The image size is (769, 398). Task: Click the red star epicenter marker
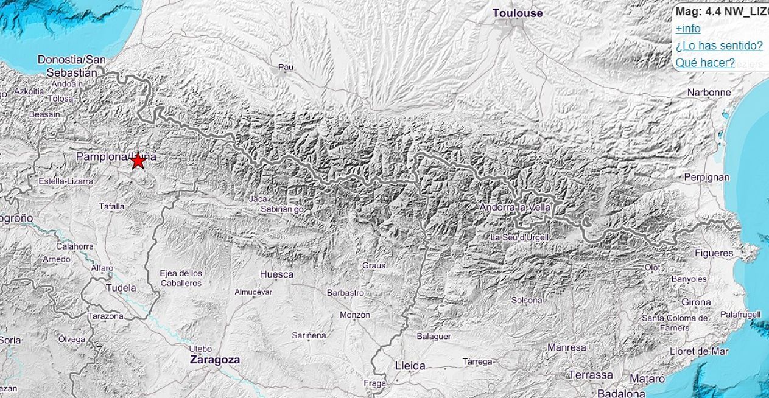[138, 161]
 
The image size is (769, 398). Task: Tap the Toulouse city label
[517, 13]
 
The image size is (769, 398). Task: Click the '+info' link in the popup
[688, 29]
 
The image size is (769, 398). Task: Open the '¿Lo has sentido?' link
[719, 46]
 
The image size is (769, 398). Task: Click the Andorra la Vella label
[515, 208]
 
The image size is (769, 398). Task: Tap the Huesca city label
[276, 274]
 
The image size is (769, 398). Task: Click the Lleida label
[410, 366]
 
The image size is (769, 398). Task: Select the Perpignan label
[707, 177]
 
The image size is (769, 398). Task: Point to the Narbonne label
[709, 93]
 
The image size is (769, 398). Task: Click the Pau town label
[286, 67]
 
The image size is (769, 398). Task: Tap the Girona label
[696, 302]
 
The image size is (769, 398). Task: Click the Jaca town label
[258, 198]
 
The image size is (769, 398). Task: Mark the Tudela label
[121, 288]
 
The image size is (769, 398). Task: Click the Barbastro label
[345, 293]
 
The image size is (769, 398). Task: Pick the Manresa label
[567, 347]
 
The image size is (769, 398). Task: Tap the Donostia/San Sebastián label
[71, 66]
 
